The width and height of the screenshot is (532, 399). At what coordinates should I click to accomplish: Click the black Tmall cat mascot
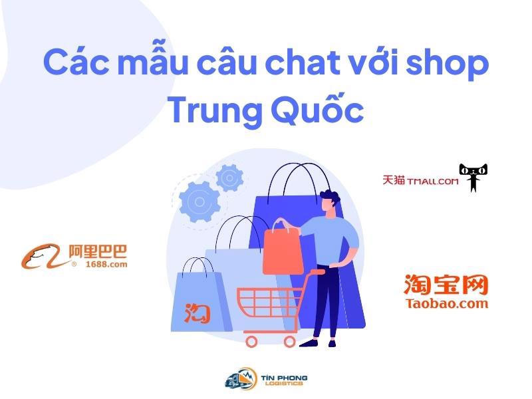tap(473, 177)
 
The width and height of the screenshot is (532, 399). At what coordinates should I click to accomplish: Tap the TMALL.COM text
tap(433, 182)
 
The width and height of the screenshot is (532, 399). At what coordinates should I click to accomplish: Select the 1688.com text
tap(106, 264)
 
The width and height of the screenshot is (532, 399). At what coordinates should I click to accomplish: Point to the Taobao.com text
tap(446, 303)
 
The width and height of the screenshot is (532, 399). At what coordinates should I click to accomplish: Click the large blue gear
tap(199, 202)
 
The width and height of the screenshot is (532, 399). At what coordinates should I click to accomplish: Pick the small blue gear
tap(229, 178)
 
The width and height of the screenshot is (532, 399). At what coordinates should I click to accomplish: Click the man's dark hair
tap(331, 197)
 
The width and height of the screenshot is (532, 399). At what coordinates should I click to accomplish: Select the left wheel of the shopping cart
tap(251, 341)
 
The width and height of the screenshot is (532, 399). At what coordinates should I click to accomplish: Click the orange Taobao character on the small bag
tap(197, 313)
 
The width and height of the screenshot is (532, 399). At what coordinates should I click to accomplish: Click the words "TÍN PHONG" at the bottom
tap(284, 378)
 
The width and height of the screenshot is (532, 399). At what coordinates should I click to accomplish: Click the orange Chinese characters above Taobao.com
tap(446, 285)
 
